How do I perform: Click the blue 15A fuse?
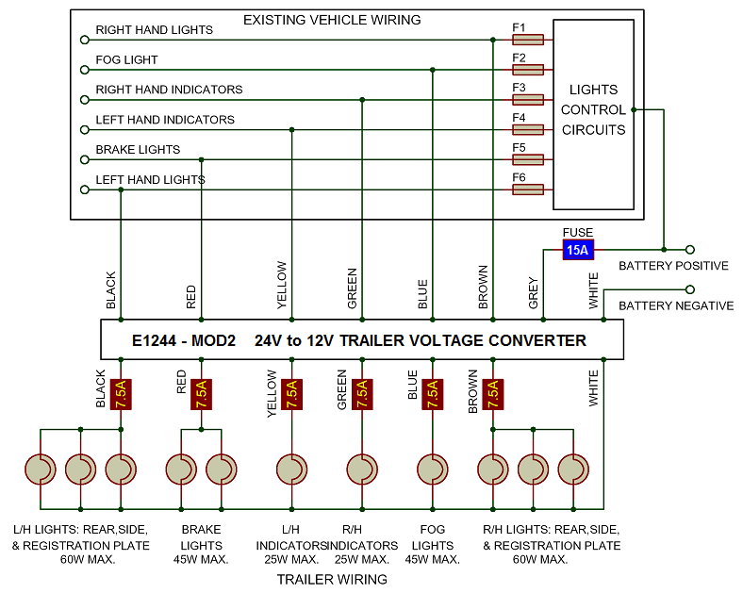(x=577, y=250)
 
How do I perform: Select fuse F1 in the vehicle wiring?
(x=528, y=40)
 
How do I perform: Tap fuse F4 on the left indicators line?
(x=528, y=129)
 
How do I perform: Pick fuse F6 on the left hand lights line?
(x=528, y=189)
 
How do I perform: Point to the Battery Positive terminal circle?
(x=690, y=250)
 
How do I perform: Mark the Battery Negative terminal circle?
(x=690, y=289)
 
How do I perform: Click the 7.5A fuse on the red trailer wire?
(x=201, y=393)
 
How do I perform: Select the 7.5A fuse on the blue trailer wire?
(x=432, y=393)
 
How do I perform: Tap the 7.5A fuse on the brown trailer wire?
(x=492, y=393)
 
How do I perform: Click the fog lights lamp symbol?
(x=432, y=469)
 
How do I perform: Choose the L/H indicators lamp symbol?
(x=290, y=469)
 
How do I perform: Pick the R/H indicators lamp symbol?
(x=361, y=469)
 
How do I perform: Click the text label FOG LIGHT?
(x=126, y=59)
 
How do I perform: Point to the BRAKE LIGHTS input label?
(x=138, y=150)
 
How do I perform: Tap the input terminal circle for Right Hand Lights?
(x=85, y=40)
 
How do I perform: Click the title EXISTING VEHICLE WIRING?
(x=332, y=20)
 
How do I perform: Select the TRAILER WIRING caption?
(x=332, y=579)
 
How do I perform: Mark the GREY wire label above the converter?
(x=534, y=292)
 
